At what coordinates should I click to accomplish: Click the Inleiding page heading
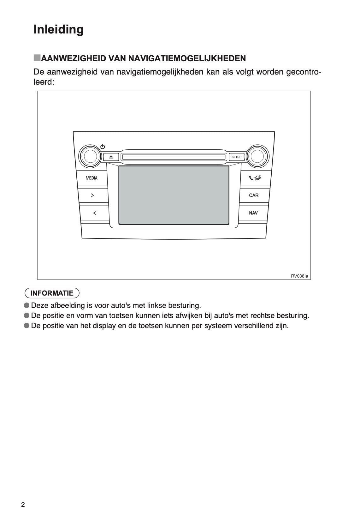pos(59,30)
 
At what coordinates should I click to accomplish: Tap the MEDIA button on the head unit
pos(91,178)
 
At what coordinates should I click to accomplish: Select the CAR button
pos(254,195)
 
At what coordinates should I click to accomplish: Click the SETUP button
pos(236,157)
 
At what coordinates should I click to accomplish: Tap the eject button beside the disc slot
pos(111,157)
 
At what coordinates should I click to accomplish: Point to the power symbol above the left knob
pos(103,147)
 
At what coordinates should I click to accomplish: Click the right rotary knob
pos(257,156)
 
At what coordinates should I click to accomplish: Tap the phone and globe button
pos(255,178)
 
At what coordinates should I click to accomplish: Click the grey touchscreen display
pos(174,195)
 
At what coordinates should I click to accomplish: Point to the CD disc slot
pos(174,157)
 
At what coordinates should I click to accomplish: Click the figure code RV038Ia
pos(299,276)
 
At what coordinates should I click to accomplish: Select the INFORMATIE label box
pos(52,293)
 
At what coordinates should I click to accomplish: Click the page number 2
pos(23,505)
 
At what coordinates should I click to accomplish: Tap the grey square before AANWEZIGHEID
pos(37,58)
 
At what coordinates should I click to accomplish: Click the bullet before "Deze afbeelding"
pos(27,305)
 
